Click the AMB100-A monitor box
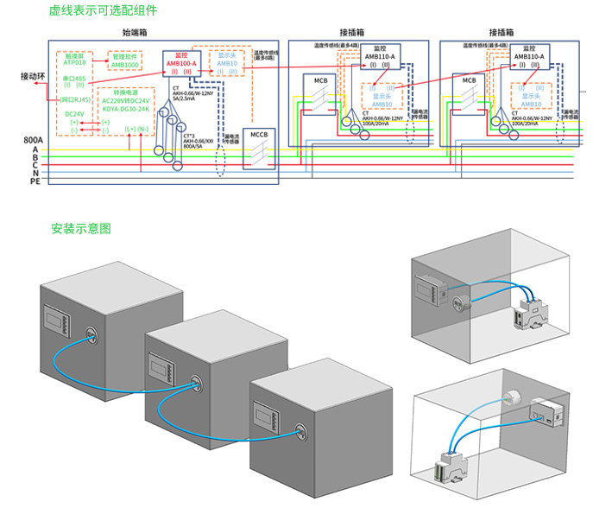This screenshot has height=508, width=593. tap(180, 65)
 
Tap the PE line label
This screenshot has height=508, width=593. tap(35, 182)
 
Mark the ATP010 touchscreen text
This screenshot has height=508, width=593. tap(74, 63)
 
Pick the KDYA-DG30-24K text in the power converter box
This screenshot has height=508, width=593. tap(126, 110)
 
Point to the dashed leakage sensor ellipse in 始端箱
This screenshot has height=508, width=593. tap(221, 164)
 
